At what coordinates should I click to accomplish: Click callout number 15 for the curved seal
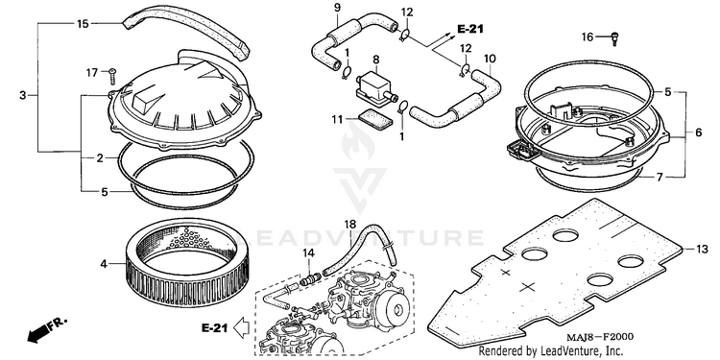pyautogui.click(x=83, y=23)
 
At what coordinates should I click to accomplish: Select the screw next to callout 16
pyautogui.click(x=615, y=38)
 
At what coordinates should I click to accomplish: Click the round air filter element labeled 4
pyautogui.click(x=188, y=263)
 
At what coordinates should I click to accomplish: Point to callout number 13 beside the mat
pyautogui.click(x=702, y=250)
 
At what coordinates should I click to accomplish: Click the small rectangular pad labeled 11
pyautogui.click(x=375, y=119)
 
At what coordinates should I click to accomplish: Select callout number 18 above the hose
pyautogui.click(x=349, y=225)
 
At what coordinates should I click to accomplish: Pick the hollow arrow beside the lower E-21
pyautogui.click(x=241, y=328)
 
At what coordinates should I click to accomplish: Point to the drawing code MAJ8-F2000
pyautogui.click(x=600, y=338)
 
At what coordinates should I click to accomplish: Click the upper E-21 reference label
pyautogui.click(x=470, y=29)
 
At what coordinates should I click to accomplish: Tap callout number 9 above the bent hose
pyautogui.click(x=337, y=8)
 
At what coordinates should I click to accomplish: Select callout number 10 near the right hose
pyautogui.click(x=490, y=59)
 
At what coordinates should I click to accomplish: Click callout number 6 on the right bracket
pyautogui.click(x=699, y=132)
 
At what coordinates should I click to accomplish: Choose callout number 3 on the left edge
pyautogui.click(x=23, y=95)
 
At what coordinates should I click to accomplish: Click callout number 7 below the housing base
pyautogui.click(x=660, y=177)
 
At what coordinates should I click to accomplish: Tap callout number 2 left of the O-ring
pyautogui.click(x=100, y=158)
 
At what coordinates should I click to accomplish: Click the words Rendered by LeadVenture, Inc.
pyautogui.click(x=551, y=351)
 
